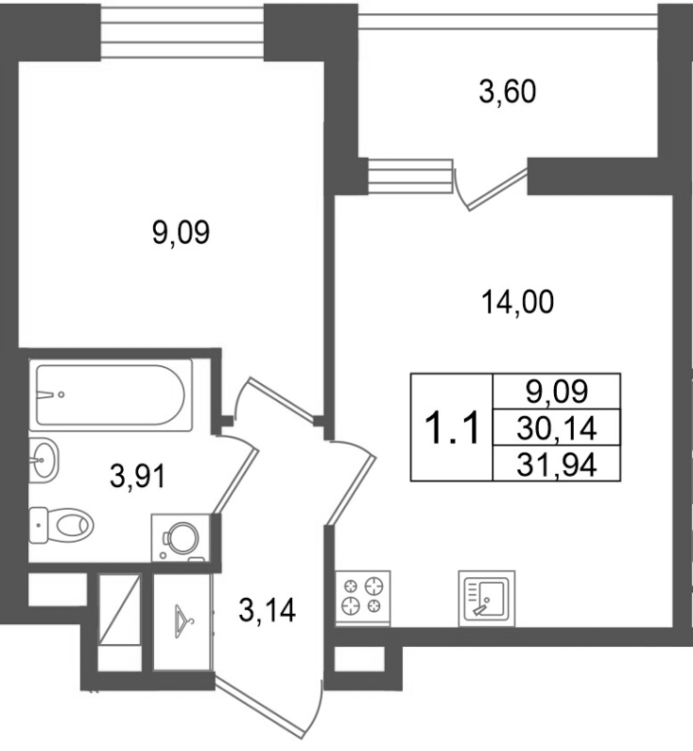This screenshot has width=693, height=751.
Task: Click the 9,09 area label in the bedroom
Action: coord(180,233)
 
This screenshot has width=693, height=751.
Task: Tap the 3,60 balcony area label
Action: coord(507,92)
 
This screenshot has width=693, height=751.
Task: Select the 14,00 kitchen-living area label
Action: coord(517,302)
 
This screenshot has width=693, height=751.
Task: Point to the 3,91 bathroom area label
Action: coord(137,476)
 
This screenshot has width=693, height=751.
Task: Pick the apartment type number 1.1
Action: coord(452,428)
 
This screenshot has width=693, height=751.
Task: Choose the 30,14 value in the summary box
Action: coord(557,428)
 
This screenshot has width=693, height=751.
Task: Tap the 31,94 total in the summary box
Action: coord(557,464)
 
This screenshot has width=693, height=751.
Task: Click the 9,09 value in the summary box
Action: coord(557,391)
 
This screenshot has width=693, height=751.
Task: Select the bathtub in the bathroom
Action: coord(111,394)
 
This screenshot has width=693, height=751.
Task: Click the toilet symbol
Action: coord(61,526)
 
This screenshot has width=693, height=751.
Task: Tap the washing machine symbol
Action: coord(180,537)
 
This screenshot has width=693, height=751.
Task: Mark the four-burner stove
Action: coord(362,599)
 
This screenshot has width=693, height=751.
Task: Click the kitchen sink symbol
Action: coord(486,598)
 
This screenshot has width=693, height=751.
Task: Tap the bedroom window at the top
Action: coord(182,32)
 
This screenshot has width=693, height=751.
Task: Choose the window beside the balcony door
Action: coord(410,176)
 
